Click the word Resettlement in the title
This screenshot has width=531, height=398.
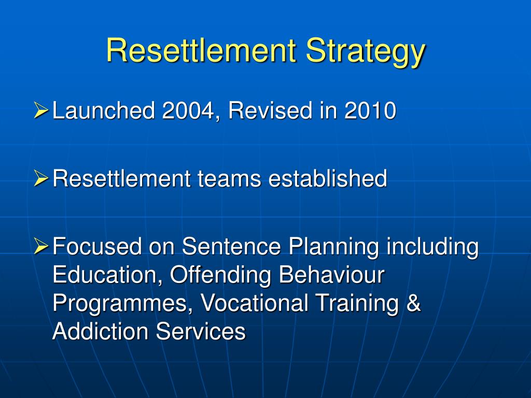pyautogui.click(x=202, y=51)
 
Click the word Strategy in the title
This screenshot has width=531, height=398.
pyautogui.click(x=365, y=52)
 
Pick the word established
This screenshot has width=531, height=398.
pyautogui.click(x=327, y=179)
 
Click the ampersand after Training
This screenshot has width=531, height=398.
pyautogui.click(x=413, y=303)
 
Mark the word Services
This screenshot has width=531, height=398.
pyautogui.click(x=201, y=331)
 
